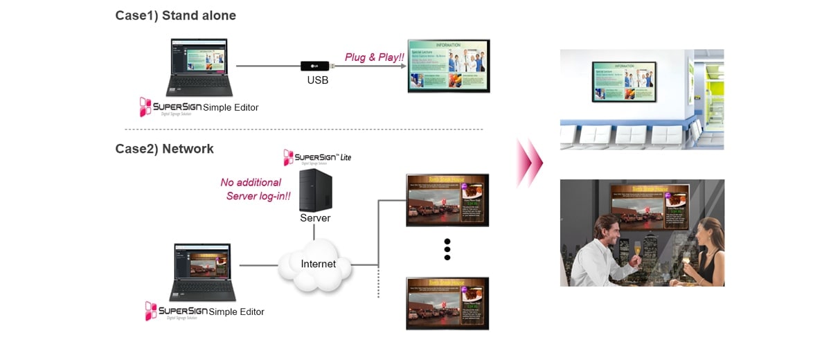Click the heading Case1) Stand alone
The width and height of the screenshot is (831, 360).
175,15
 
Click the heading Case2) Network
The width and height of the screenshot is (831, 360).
164,149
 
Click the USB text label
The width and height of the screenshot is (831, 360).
317,80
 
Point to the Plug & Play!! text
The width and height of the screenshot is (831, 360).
374,57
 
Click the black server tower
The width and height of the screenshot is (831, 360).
315,190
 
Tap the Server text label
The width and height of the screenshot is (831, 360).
315,218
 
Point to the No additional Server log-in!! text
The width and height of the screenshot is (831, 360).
253,189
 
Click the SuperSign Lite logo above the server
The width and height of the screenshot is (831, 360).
317,157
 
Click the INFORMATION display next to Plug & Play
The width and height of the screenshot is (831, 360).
448,66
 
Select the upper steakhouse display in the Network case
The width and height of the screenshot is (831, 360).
447,199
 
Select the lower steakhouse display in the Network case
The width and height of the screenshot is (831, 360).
447,303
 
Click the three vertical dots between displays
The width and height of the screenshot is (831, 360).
447,249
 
